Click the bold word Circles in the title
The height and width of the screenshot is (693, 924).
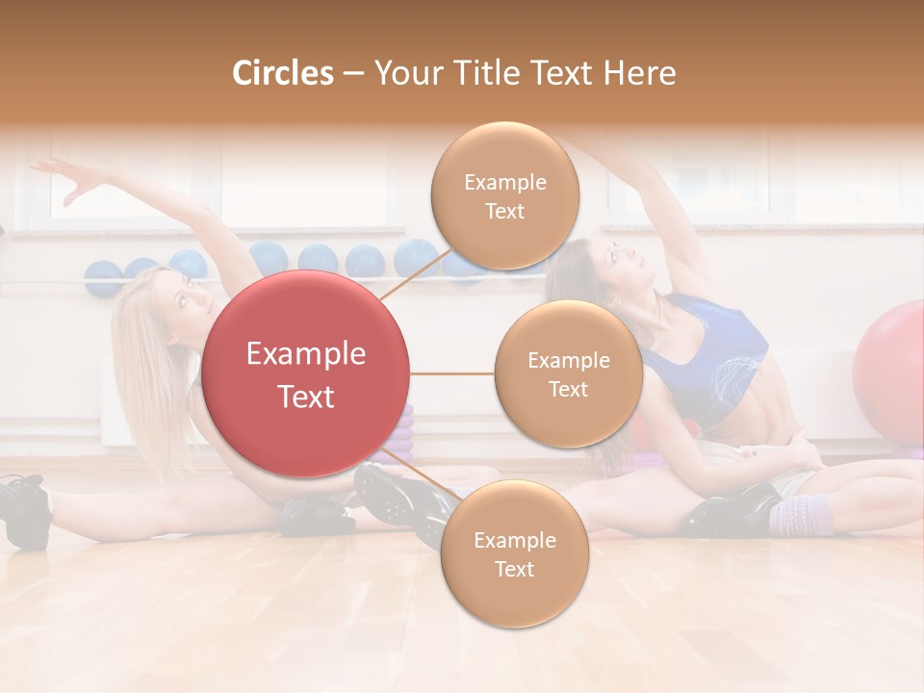pos(283,73)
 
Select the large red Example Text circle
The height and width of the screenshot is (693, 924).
pos(306,374)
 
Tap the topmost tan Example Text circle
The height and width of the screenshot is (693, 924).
pos(504,196)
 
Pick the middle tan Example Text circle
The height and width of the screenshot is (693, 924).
pos(568,374)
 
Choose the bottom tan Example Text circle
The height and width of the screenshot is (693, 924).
pos(514,554)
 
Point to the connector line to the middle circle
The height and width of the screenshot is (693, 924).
pos(452,373)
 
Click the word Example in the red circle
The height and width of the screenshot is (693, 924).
pos(306,354)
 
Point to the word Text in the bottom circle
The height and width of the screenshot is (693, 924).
pos(514,569)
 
